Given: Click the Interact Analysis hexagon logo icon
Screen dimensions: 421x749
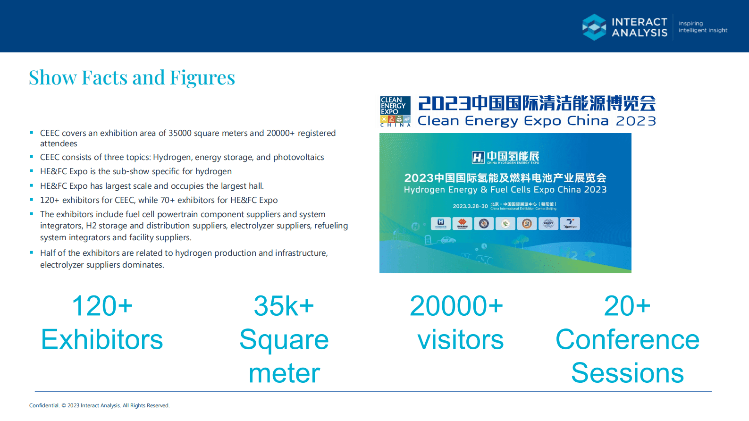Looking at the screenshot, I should pyautogui.click(x=594, y=27).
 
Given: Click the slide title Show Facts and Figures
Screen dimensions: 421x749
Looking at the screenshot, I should pyautogui.click(x=132, y=78).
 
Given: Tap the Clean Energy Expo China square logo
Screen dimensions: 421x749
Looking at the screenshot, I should pyautogui.click(x=395, y=111).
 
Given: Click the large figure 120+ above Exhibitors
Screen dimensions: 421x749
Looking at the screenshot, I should pyautogui.click(x=102, y=306).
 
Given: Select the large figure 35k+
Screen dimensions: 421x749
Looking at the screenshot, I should pyautogui.click(x=284, y=306).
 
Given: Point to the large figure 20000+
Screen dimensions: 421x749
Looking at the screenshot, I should pyautogui.click(x=456, y=306).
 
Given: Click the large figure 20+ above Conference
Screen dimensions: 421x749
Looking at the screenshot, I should pyautogui.click(x=627, y=306).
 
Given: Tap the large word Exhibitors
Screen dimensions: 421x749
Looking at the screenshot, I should pyautogui.click(x=102, y=340).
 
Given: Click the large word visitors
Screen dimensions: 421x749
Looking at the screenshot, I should pyautogui.click(x=460, y=340).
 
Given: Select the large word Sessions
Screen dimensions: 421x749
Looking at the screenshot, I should pyautogui.click(x=627, y=373).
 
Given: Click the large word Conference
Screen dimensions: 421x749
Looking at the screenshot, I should pyautogui.click(x=627, y=340).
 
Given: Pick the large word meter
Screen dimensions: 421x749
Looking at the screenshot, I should pyautogui.click(x=284, y=373).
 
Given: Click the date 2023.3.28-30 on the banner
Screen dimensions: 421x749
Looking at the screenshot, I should pyautogui.click(x=470, y=206).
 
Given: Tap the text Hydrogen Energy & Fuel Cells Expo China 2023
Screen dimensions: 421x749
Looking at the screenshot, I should pyautogui.click(x=505, y=190).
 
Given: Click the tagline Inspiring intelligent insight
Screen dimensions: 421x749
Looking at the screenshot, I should pyautogui.click(x=703, y=27).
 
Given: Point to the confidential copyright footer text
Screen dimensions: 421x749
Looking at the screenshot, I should pyautogui.click(x=99, y=405).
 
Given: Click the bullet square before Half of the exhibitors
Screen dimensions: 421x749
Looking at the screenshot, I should pyautogui.click(x=32, y=253).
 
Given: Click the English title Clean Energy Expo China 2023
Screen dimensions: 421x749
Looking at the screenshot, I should pyautogui.click(x=537, y=121).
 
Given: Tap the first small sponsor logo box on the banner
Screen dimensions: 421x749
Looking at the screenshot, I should pyautogui.click(x=440, y=223).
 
